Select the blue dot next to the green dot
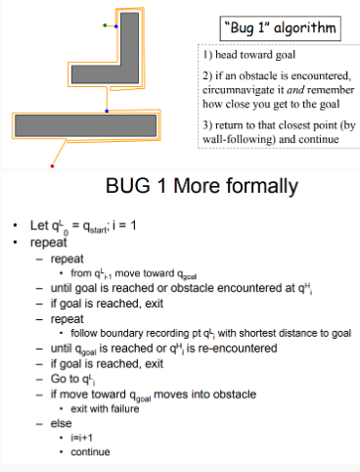[117, 26]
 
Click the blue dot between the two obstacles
[108, 111]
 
